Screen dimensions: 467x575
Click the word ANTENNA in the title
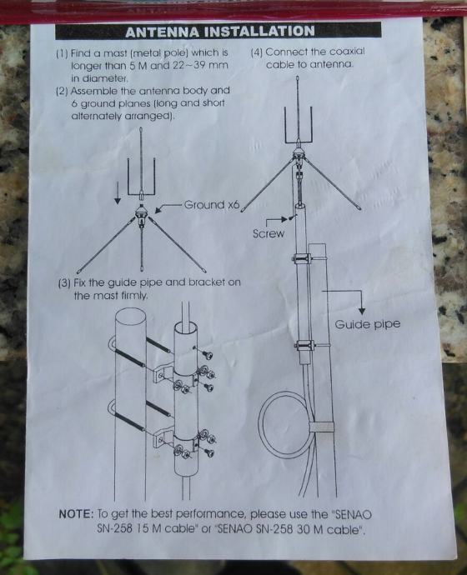[x=163, y=32]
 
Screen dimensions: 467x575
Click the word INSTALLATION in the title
[x=259, y=31]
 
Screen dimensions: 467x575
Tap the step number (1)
[x=62, y=53]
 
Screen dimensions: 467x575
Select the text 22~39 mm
[x=200, y=66]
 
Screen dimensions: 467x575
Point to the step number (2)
[x=62, y=92]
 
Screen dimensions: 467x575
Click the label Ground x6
[x=212, y=205]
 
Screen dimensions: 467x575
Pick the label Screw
[x=269, y=233]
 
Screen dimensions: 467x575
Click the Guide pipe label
[x=367, y=324]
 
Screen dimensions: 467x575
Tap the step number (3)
[x=65, y=283]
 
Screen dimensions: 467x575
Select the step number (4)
[x=257, y=52]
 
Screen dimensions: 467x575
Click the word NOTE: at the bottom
[x=77, y=514]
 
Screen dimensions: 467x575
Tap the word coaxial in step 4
[x=348, y=52]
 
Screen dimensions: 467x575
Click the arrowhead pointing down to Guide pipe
[x=362, y=312]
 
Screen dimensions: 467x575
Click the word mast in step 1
[x=115, y=53]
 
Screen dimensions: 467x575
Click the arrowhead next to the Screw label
[x=284, y=219]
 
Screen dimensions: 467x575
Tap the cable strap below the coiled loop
[x=321, y=427]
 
